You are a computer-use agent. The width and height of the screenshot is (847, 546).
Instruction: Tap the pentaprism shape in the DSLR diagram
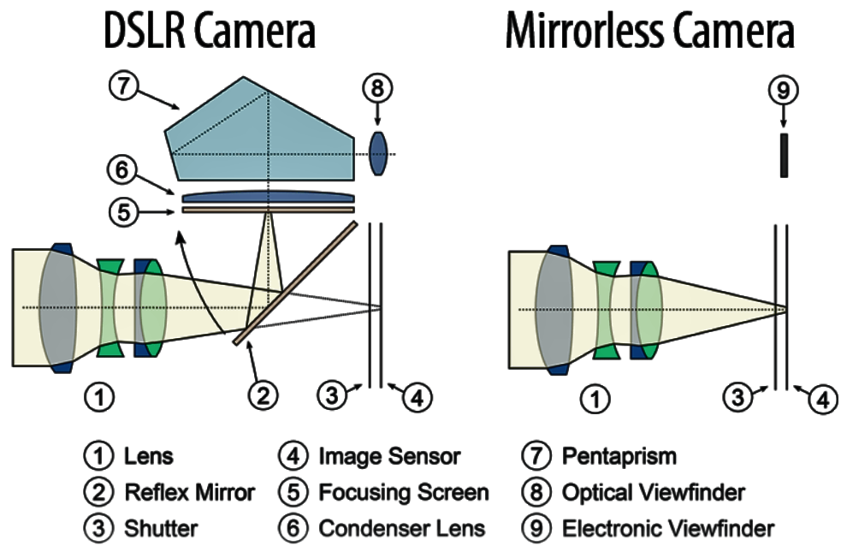click(257, 128)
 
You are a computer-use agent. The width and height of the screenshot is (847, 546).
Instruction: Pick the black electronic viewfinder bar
click(784, 155)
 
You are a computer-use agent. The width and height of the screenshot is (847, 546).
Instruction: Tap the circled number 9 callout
click(784, 88)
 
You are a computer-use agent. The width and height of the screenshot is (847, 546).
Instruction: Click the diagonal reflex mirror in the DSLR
click(295, 282)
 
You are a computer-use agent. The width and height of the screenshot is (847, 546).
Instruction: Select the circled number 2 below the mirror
click(264, 395)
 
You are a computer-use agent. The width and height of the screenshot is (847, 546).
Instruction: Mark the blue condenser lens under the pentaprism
click(267, 197)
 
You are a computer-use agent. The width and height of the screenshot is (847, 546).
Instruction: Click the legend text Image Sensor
click(389, 456)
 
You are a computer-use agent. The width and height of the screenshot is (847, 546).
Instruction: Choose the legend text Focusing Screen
click(403, 492)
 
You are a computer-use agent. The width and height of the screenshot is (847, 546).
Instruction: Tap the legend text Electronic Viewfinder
click(667, 528)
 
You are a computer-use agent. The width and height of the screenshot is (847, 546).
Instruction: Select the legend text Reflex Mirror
click(189, 492)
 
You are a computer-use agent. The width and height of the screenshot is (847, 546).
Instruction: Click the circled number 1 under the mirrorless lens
click(596, 397)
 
